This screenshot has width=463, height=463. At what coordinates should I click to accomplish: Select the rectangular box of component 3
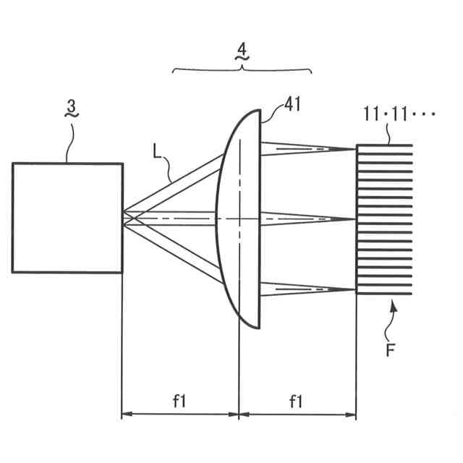pos(67,217)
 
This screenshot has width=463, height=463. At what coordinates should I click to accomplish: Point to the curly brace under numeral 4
pos(242,69)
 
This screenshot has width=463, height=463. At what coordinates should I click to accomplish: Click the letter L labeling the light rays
pos(158,151)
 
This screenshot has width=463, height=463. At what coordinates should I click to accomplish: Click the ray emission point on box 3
pos(124,216)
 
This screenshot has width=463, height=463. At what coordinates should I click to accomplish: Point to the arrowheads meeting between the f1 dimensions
pos(239,415)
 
